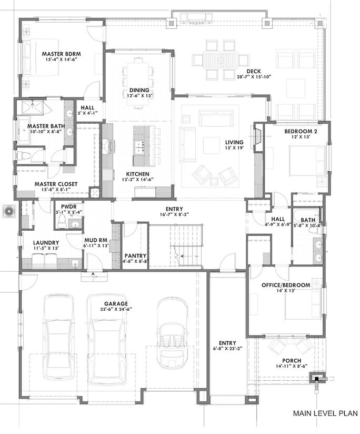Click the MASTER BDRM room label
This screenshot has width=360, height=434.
(62, 54)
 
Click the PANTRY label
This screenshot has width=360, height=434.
(135, 256)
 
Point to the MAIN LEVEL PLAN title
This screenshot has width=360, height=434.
(325, 413)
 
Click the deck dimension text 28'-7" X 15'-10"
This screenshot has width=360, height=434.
(254, 77)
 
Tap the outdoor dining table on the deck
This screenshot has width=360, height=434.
(221, 60)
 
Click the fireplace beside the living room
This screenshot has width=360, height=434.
(258, 137)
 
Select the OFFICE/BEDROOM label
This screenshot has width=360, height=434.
(286, 285)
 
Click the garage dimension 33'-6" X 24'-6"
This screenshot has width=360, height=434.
(116, 309)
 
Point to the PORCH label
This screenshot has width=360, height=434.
(292, 361)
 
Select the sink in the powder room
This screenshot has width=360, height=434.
(75, 224)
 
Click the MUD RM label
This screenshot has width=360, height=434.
(96, 240)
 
